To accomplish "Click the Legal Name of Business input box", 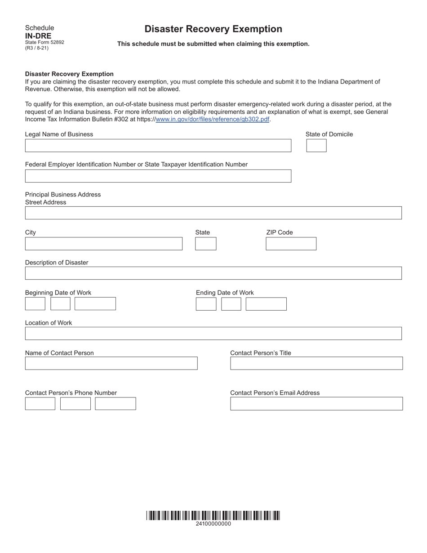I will [158, 146].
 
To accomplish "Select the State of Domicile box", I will [316, 146].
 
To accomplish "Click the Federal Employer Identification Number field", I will [158, 176].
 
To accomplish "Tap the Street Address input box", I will [213, 213].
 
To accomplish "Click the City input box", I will [103, 244].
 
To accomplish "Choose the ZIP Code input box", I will [291, 244].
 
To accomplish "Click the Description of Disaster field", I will [213, 273].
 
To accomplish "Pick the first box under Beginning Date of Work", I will [35, 304].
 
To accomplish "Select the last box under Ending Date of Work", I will [266, 304].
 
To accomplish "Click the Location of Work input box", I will [213, 334].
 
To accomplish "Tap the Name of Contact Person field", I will [111, 363].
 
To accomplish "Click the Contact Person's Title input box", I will [316, 363].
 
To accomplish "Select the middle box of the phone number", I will [75, 404].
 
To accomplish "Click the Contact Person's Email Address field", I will [316, 404].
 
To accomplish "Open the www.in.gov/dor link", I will [212, 120].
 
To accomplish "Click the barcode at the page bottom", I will [213, 515].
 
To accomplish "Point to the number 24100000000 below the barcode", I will [213, 524].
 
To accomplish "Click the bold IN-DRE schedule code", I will [38, 36].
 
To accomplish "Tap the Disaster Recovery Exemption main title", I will [213, 29].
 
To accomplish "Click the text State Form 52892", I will [44, 42].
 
